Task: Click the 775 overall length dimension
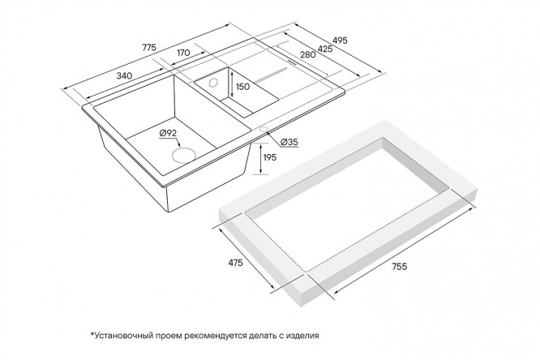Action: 148,47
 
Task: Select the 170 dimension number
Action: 183,53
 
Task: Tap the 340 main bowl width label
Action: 124,75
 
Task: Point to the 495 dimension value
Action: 340,41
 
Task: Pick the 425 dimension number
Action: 325,49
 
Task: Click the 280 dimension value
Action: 307,54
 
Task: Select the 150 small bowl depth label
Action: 242,87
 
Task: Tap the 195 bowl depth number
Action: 269,157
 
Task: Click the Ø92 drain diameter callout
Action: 168,133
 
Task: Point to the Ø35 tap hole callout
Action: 289,142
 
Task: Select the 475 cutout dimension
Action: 236,263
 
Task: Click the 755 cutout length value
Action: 400,266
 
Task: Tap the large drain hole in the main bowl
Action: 183,155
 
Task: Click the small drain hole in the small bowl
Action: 213,83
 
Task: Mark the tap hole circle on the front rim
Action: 264,129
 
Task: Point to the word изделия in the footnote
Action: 302,335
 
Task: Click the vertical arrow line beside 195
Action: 261,158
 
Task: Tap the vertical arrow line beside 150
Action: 233,85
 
